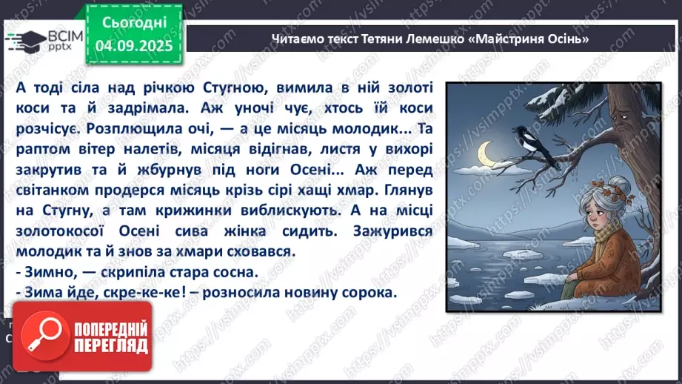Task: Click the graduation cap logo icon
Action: click(x=23, y=41)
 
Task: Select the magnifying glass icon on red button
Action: click(x=43, y=335)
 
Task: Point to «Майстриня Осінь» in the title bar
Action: click(x=529, y=39)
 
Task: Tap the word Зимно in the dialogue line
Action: click(x=49, y=272)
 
